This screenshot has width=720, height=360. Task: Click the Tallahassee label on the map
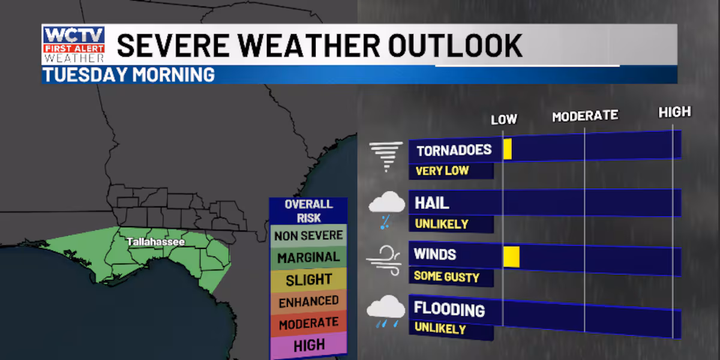pyautogui.click(x=155, y=242)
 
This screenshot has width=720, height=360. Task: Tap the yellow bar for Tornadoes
pyautogui.click(x=507, y=149)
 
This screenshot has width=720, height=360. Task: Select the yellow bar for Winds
pyautogui.click(x=511, y=256)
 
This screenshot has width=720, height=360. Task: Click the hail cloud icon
pyautogui.click(x=386, y=208)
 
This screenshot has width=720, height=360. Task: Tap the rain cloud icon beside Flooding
pyautogui.click(x=385, y=312)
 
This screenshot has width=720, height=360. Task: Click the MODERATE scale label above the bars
pyautogui.click(x=584, y=116)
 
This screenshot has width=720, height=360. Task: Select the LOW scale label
pyautogui.click(x=503, y=119)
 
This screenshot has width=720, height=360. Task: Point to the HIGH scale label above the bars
pyautogui.click(x=674, y=112)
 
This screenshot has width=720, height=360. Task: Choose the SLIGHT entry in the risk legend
pyautogui.click(x=308, y=280)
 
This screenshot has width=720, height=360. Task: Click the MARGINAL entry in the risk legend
pyautogui.click(x=308, y=257)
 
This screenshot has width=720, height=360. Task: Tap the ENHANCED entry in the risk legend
pyautogui.click(x=308, y=301)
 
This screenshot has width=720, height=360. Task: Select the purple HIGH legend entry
pyautogui.click(x=309, y=345)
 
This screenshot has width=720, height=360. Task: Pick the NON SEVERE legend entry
pyautogui.click(x=308, y=236)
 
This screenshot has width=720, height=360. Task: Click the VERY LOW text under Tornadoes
pyautogui.click(x=442, y=170)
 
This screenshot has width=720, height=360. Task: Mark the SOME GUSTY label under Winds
pyautogui.click(x=446, y=277)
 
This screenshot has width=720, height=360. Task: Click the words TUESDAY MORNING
pyautogui.click(x=129, y=75)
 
